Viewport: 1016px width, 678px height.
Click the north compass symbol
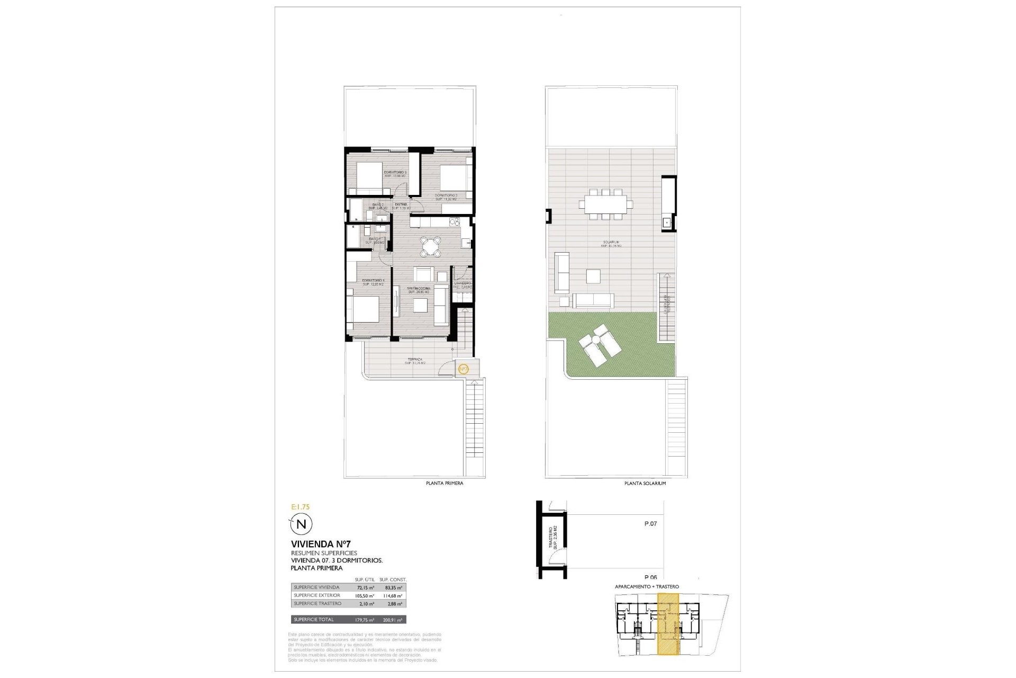301,524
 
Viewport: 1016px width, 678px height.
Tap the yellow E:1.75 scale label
301,507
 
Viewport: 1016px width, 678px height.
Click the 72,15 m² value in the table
365,587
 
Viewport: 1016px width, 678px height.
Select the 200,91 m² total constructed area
392,620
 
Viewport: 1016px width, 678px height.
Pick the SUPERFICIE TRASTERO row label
317,604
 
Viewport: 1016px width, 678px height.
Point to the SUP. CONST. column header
393,579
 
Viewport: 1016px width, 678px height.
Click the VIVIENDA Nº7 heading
321,544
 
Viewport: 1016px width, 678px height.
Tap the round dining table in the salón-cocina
431,246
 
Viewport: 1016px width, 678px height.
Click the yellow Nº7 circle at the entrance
463,369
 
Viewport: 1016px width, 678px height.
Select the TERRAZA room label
415,360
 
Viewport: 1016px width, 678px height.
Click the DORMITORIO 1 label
373,281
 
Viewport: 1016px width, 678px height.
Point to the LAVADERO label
462,283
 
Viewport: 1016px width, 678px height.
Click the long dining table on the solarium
605,203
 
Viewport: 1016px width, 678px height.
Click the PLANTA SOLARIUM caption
645,484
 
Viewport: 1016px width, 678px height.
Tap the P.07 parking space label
650,524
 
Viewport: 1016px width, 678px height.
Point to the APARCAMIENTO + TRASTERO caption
647,587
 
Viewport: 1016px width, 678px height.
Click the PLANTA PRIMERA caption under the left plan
444,484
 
